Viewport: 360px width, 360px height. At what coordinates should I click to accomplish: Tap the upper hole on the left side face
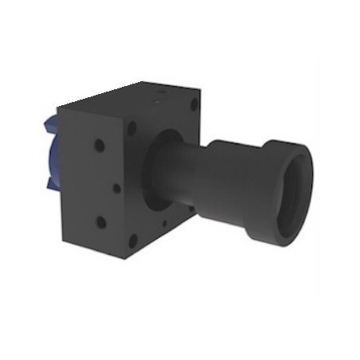click(x=99, y=146)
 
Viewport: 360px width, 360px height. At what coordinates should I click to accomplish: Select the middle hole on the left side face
click(x=116, y=188)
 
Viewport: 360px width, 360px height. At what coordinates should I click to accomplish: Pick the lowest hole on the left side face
click(x=100, y=222)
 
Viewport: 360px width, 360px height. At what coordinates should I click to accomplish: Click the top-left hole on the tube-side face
click(x=131, y=127)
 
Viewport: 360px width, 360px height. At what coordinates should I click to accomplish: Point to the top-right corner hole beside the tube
click(x=194, y=104)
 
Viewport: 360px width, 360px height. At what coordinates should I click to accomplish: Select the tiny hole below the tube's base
click(x=165, y=224)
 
